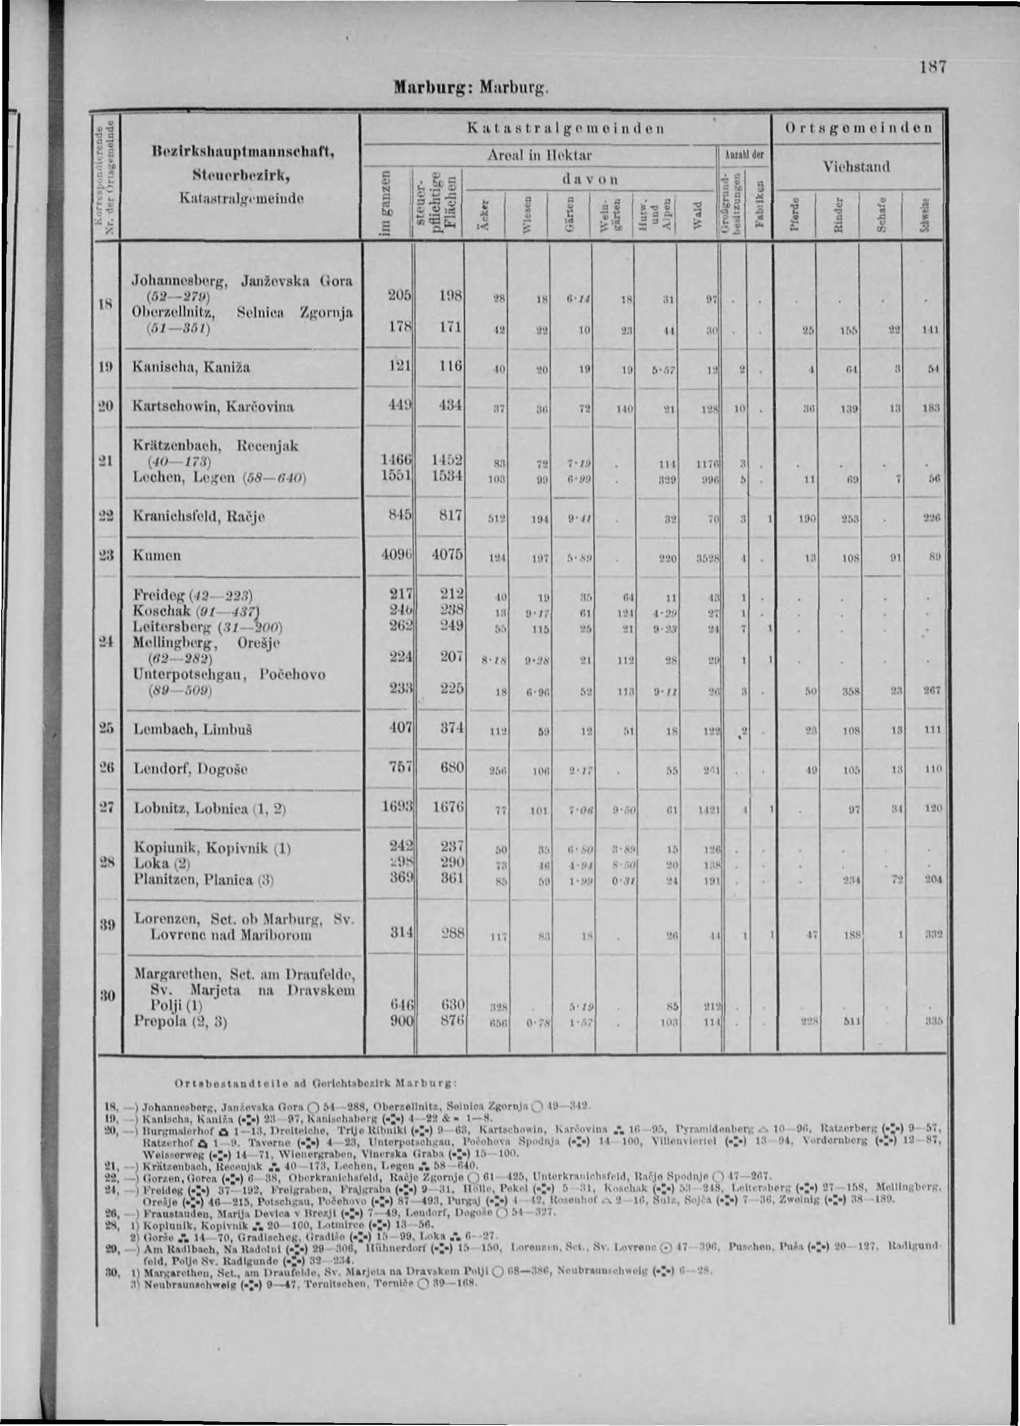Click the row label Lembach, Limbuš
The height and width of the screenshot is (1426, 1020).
(193, 730)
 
